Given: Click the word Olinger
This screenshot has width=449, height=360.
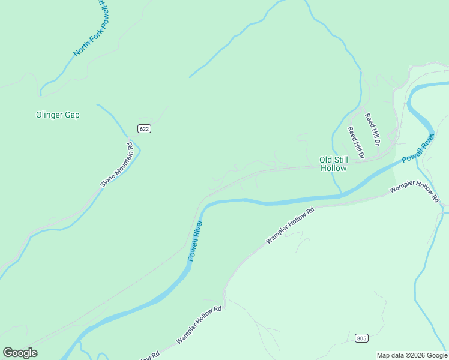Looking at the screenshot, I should (50, 115).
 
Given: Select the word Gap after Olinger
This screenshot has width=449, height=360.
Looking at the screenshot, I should (73, 115).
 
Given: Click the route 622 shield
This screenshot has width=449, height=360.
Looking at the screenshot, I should (143, 128).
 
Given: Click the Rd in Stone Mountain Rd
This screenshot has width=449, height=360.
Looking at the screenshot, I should (130, 145).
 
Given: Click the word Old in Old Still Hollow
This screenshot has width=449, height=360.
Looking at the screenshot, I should (325, 160).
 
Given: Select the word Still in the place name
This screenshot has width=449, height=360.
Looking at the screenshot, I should (341, 160).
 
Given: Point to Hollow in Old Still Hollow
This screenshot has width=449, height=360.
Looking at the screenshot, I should (333, 168).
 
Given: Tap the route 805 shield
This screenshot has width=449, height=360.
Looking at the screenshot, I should (361, 338).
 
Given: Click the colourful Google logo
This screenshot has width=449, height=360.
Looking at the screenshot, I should (20, 353).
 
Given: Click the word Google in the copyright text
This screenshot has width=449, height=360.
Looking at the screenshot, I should (435, 355).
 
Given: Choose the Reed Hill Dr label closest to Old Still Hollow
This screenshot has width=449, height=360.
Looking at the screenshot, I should (356, 142).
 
